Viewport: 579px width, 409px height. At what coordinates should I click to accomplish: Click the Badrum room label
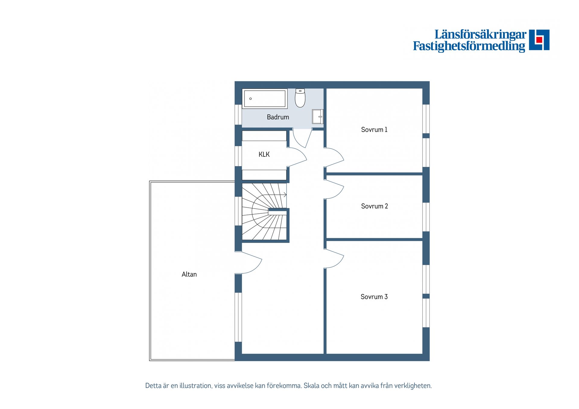pyautogui.click(x=278, y=117)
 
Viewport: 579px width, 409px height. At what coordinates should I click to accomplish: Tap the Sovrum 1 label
pyautogui.click(x=374, y=130)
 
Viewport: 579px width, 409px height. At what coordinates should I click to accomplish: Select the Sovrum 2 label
pyautogui.click(x=374, y=206)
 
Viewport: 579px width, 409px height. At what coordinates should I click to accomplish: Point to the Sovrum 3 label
pyautogui.click(x=374, y=297)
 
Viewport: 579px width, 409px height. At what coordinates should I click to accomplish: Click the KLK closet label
pyautogui.click(x=264, y=154)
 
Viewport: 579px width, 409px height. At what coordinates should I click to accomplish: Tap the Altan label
pyautogui.click(x=189, y=274)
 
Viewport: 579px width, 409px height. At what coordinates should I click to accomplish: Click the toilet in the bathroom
pyautogui.click(x=300, y=98)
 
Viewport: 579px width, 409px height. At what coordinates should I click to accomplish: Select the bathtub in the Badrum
pyautogui.click(x=264, y=99)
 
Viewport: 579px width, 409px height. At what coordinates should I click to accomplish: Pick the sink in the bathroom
pyautogui.click(x=318, y=116)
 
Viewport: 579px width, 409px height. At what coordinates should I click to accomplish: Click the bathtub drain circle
pyautogui.click(x=250, y=99)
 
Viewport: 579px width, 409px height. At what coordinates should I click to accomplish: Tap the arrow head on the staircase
pyautogui.click(x=285, y=195)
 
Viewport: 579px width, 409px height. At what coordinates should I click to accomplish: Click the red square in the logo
pyautogui.click(x=539, y=40)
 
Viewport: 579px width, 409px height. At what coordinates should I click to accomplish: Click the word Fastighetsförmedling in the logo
pyautogui.click(x=469, y=46)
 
